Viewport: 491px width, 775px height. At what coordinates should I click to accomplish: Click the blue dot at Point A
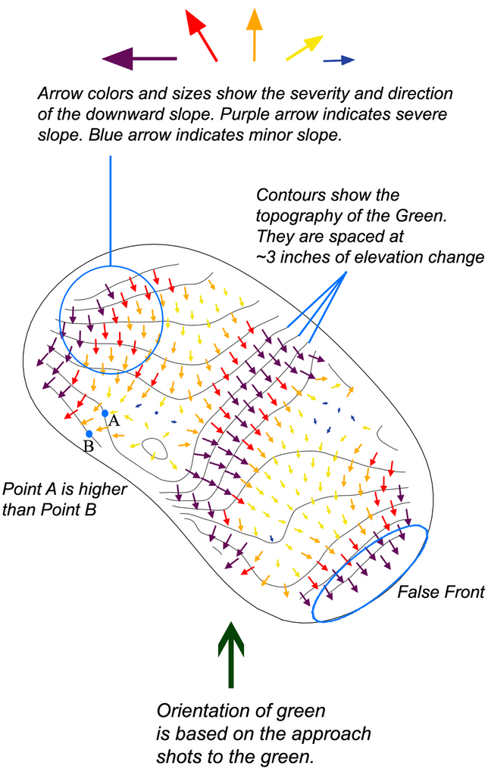[x=105, y=413]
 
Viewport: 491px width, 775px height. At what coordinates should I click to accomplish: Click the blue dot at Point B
[x=89, y=434]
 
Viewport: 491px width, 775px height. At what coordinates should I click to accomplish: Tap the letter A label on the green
[x=114, y=421]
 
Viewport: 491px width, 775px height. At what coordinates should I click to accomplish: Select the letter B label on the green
[x=88, y=447]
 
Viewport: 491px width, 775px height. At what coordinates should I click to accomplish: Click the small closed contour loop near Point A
[x=155, y=450]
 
